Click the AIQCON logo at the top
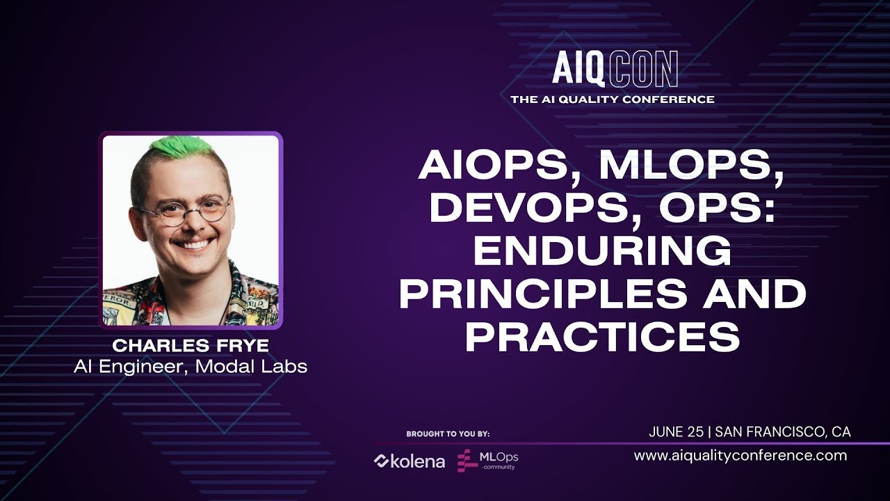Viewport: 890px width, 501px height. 615,69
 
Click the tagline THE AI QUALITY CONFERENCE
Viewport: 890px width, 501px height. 613,100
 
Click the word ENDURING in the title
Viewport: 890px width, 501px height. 602,250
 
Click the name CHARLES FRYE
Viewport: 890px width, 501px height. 191,345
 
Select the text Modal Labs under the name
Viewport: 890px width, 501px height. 251,367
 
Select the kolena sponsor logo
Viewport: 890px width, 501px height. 410,461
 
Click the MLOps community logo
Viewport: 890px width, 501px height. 487,460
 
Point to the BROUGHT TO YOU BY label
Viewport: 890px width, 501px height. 448,434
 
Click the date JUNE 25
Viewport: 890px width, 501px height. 676,432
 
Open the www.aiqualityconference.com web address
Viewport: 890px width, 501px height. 741,456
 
